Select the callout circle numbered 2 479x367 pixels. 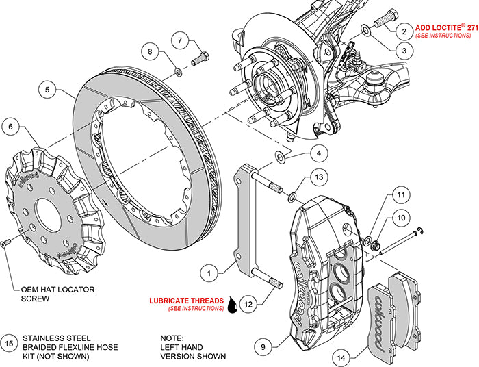(404, 31)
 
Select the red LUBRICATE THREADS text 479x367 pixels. (187, 300)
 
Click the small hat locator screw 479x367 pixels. (5, 244)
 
